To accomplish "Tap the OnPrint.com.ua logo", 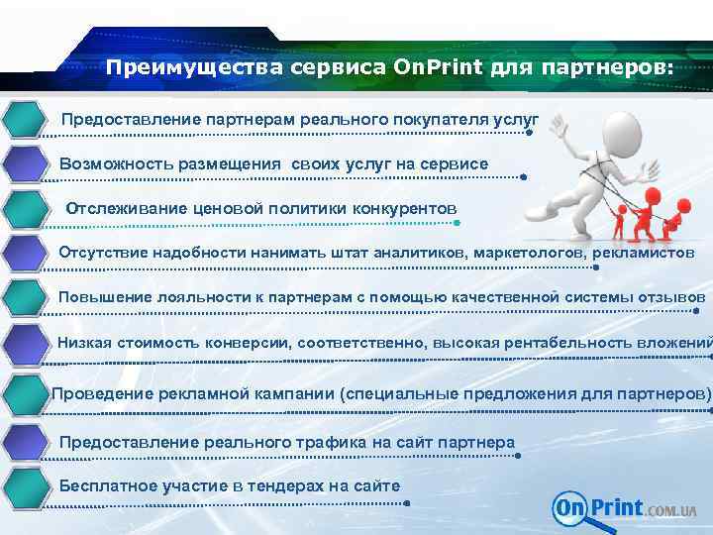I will tap(624, 508).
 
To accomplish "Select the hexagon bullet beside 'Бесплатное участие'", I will tap(27, 487).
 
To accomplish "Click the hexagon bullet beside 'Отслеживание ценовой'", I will tap(27, 210).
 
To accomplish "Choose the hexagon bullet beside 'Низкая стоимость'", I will tap(27, 347).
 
